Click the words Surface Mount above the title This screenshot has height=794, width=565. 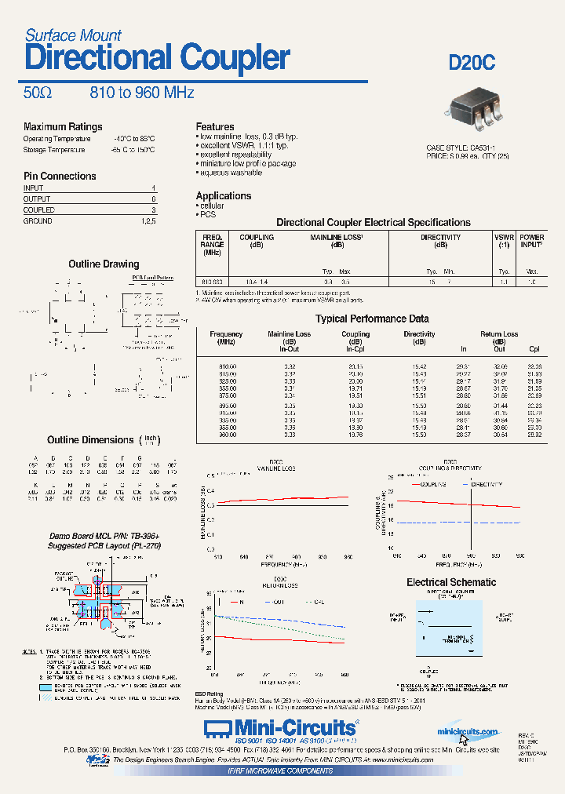click(73, 35)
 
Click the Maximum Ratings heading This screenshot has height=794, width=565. click(63, 126)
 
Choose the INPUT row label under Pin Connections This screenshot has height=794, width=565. click(34, 188)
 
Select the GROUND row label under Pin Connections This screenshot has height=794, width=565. click(38, 221)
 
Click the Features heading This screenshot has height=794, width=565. click(215, 126)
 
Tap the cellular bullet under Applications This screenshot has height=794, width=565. click(212, 206)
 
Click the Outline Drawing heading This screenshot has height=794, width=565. click(104, 264)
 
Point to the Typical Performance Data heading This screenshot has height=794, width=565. click(372, 319)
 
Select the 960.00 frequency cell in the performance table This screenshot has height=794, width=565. click(226, 435)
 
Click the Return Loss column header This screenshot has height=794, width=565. click(499, 334)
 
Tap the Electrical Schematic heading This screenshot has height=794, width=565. click(451, 582)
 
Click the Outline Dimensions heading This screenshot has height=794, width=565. click(90, 440)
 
